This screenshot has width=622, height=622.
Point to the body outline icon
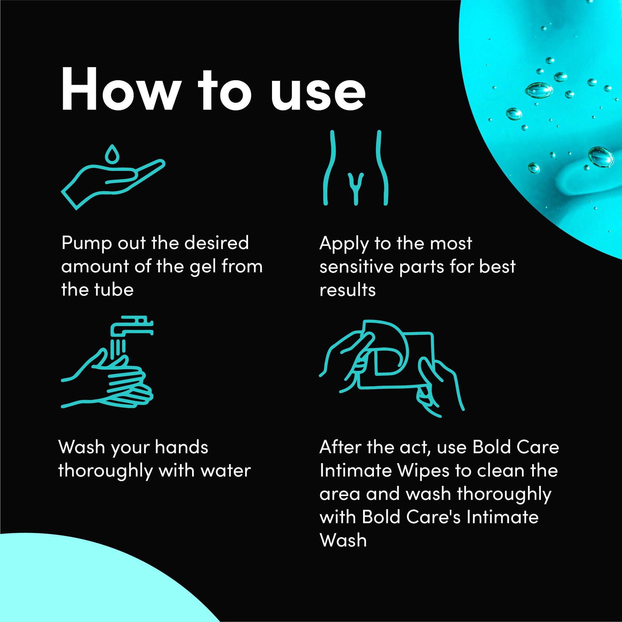click(x=355, y=168)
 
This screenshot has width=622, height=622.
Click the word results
click(x=347, y=290)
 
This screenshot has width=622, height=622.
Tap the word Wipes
click(x=424, y=472)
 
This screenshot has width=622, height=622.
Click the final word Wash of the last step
click(x=343, y=540)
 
